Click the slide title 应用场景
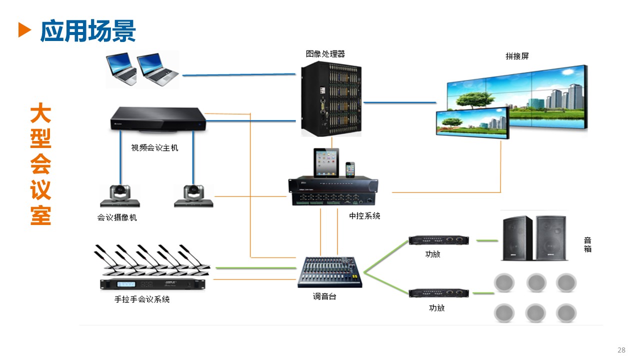click(x=88, y=31)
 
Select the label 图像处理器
click(x=325, y=54)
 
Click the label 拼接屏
click(x=517, y=56)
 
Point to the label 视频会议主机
click(x=154, y=148)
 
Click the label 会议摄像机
click(x=117, y=217)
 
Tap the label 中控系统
click(x=364, y=216)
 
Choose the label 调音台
click(x=325, y=296)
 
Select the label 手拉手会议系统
click(x=142, y=299)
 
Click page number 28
click(x=621, y=350)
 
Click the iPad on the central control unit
click(x=326, y=163)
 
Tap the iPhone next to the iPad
click(x=350, y=169)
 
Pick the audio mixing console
click(x=330, y=272)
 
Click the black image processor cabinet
click(x=331, y=99)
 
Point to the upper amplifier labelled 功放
click(x=438, y=240)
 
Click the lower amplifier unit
click(x=438, y=292)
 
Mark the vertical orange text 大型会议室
click(x=40, y=165)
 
